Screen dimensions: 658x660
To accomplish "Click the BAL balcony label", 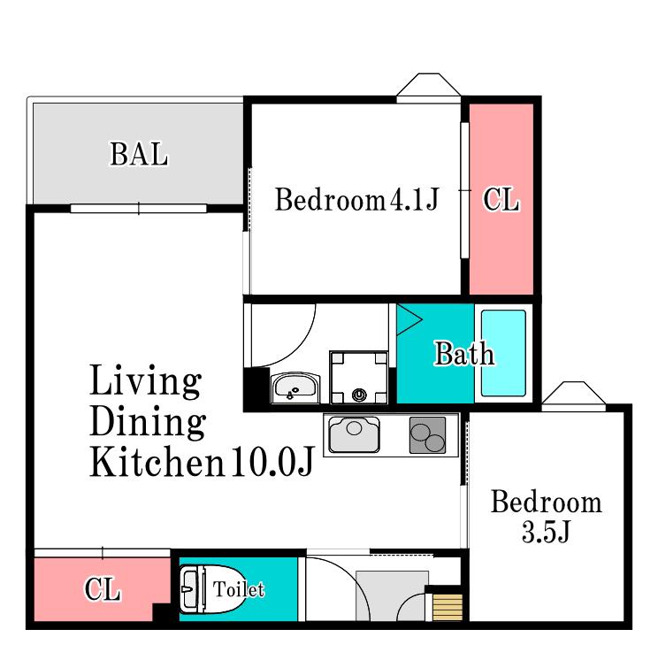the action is [x=139, y=154].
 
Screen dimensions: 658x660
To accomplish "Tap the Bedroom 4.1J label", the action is [x=356, y=199].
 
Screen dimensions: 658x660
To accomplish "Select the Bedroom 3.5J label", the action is [x=546, y=516].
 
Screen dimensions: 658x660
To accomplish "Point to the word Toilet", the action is [x=239, y=589].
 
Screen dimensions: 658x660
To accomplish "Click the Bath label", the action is [x=464, y=354].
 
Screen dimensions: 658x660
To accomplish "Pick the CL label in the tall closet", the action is [x=501, y=199].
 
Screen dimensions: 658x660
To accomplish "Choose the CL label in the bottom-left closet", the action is [x=103, y=589].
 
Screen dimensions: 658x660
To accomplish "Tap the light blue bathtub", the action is [x=503, y=353].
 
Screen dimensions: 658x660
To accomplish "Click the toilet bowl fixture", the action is [x=212, y=589].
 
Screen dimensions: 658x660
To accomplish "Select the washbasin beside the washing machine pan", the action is [x=295, y=388].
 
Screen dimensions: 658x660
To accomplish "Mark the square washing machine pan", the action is [x=359, y=378].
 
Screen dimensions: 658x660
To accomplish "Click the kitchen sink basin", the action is [x=354, y=434].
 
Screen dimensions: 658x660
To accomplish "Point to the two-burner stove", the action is [x=427, y=435].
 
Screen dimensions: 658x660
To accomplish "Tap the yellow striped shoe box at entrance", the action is [x=448, y=607].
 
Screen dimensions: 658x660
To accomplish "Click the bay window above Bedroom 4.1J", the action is [x=429, y=88].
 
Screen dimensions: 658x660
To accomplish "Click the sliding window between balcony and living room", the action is [x=139, y=209].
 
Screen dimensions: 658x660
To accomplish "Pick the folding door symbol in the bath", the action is [x=409, y=320].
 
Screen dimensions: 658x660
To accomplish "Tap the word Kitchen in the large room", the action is [x=157, y=462].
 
